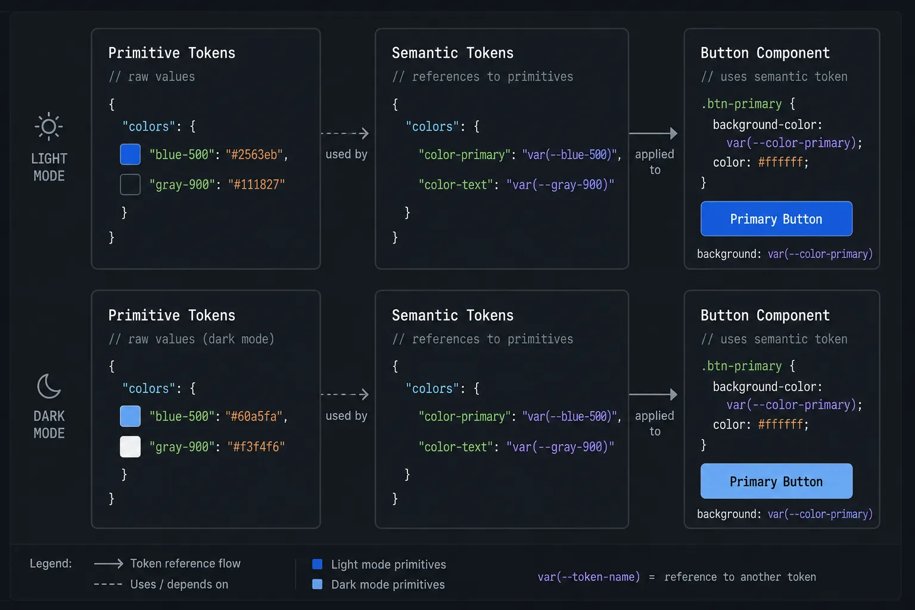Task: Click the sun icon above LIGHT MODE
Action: [x=49, y=127]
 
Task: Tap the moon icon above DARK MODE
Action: [x=49, y=386]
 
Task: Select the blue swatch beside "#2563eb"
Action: [x=130, y=154]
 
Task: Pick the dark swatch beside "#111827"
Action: [x=130, y=184]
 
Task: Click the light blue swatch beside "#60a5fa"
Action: [x=130, y=416]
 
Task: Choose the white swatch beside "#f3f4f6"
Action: [x=130, y=446]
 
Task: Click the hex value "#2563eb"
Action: [x=254, y=154]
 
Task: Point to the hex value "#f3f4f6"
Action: [x=256, y=447]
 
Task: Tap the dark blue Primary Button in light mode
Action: [x=777, y=219]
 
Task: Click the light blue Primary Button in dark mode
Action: [x=777, y=481]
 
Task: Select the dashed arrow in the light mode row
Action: [x=345, y=133]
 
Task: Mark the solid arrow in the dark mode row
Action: [x=653, y=394]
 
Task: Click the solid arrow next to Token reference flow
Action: [x=108, y=564]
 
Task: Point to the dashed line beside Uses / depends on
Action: [x=108, y=584]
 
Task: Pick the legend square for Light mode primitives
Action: [x=318, y=564]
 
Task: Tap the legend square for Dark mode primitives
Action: [x=318, y=584]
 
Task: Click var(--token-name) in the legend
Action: [x=589, y=577]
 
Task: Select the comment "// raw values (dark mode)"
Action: [x=192, y=339]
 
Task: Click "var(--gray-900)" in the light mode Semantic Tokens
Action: [x=560, y=185]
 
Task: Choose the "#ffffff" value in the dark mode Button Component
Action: [x=780, y=425]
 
